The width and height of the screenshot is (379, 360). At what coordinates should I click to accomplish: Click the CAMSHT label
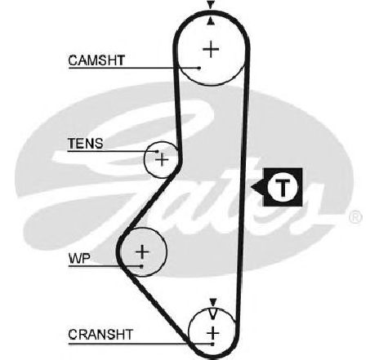[96, 60]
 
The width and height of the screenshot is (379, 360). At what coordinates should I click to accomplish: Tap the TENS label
[86, 143]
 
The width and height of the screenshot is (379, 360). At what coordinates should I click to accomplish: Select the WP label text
[79, 258]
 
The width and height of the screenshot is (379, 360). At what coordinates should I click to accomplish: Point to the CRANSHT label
[100, 335]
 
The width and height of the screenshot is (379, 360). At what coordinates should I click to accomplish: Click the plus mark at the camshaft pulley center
[211, 49]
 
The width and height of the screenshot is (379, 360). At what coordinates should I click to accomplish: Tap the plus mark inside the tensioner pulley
[162, 159]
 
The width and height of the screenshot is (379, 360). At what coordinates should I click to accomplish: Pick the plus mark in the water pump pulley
[142, 251]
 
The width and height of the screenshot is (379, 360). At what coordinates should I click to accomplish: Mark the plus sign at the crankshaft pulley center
[213, 333]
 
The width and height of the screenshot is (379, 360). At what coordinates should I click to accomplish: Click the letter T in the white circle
[283, 188]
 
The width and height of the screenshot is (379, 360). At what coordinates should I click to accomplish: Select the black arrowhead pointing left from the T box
[257, 187]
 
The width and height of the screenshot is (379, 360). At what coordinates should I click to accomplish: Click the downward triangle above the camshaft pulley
[210, 5]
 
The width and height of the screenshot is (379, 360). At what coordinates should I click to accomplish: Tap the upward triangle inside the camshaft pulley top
[210, 21]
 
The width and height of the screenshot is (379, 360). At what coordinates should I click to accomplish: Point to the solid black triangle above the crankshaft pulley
[213, 302]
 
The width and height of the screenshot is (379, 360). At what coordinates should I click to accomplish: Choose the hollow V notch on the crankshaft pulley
[213, 313]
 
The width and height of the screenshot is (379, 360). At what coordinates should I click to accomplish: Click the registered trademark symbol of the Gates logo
[355, 217]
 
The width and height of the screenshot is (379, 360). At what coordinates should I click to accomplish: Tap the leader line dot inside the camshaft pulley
[199, 68]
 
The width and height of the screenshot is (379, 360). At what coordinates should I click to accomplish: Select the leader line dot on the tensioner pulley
[157, 151]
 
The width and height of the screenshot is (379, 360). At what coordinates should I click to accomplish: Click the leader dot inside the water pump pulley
[141, 266]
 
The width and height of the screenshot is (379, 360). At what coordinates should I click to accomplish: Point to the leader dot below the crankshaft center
[213, 344]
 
